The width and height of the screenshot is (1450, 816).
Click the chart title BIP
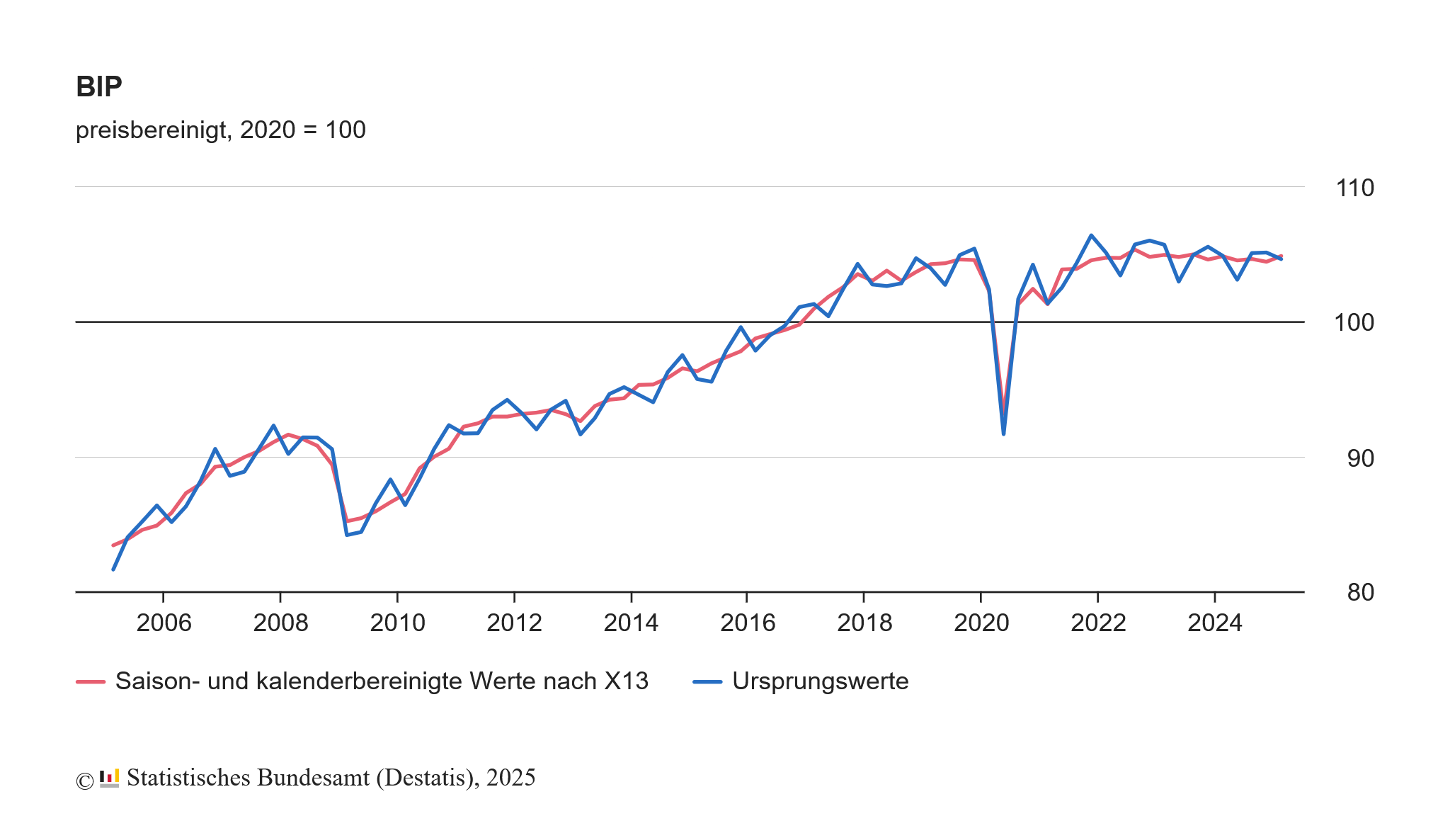pos(99,87)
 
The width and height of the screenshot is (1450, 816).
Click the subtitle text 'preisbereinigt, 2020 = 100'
pos(220,130)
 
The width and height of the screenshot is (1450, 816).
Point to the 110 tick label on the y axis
pos(1354,188)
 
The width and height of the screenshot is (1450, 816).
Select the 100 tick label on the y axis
pos(1354,323)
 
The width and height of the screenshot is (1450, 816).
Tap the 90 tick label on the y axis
pos(1360,459)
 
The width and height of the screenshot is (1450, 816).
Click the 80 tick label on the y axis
pos(1360,592)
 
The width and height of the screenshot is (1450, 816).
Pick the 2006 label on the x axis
pos(164,623)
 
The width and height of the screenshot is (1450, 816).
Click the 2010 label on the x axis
pos(397,623)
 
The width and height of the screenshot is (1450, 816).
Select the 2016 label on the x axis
pos(748,623)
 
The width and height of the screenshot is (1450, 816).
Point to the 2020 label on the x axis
pos(981,623)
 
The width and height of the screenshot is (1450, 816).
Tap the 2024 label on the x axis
pos(1215,623)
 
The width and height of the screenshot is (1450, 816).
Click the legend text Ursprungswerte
pos(820,681)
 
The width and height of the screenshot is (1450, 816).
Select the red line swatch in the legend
pos(91,682)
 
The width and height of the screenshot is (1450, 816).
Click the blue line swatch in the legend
pos(707,682)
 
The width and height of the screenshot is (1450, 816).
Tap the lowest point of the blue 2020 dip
pos(1003,433)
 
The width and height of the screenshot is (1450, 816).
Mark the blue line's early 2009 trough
pos(347,535)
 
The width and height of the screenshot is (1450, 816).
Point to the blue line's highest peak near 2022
pos(1091,235)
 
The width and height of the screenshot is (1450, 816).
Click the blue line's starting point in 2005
pos(113,569)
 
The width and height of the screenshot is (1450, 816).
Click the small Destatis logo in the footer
pos(109,778)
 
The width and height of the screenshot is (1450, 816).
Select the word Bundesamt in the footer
pos(313,778)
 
